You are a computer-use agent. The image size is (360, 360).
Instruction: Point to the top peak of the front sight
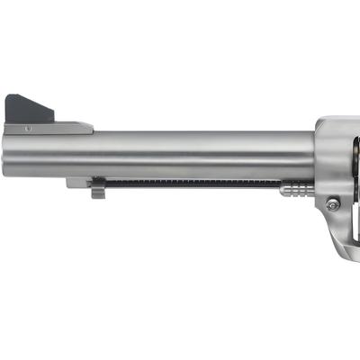tap(10, 96)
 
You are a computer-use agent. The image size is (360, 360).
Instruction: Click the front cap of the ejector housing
tap(76, 183)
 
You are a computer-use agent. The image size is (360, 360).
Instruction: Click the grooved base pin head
tap(297, 189)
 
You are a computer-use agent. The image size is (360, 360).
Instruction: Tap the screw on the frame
tap(332, 204)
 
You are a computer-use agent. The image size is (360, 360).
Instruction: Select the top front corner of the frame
tap(321, 121)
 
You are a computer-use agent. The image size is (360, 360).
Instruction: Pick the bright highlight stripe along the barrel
tap(180, 144)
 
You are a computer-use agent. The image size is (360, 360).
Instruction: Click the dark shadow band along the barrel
tap(180, 166)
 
